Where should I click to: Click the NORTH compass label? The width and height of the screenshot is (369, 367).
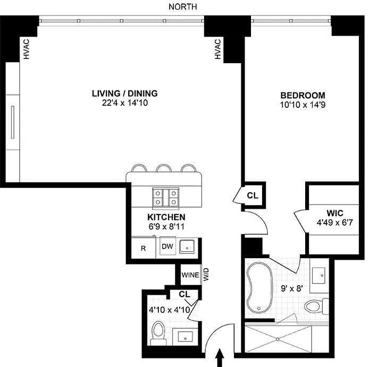coord(182,7)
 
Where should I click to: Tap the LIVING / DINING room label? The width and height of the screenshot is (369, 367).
coord(125,93)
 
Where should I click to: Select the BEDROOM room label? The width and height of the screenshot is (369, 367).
coord(303,95)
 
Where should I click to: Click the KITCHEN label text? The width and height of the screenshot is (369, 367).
coord(166,217)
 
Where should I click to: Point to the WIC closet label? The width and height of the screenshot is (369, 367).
coord(334,213)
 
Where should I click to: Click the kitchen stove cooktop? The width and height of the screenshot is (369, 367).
coord(166,198)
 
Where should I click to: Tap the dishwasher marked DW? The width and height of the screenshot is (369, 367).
coord(167,246)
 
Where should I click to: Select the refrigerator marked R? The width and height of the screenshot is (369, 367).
coord(144,248)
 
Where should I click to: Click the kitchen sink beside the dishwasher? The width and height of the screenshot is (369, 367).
coord(187,246)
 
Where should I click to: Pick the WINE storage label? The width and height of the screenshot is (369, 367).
coord(190,275)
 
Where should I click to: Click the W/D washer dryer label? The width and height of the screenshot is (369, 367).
coord(206,275)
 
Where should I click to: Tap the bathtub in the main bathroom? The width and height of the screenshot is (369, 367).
coord(259,288)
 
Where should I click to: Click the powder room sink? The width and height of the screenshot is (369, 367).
coord(185,336)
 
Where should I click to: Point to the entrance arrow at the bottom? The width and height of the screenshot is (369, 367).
coord(220,357)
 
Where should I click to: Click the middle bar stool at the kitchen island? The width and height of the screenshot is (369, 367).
coord(164,168)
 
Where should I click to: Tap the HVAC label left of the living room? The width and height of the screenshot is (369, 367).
coord(27,49)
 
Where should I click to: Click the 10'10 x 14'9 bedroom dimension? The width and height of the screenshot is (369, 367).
coord(303,105)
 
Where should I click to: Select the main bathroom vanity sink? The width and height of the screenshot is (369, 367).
coord(318,275)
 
